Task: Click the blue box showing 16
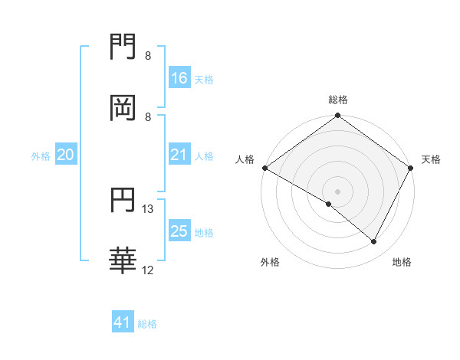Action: pos(179,77)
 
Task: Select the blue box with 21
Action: pos(179,155)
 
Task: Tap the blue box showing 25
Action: pos(179,231)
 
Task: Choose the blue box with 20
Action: pos(66,155)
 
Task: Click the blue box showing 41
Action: pos(123,322)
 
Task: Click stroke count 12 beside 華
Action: pos(148,270)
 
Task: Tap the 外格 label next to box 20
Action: pos(41,155)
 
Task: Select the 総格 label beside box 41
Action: pos(148,324)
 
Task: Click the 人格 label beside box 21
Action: pos(205,155)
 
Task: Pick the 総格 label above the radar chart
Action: pos(338,100)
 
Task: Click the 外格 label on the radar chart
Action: pos(270,262)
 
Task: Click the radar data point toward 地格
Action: pos(374,242)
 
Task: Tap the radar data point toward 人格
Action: pos(264,168)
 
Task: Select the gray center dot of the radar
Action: pos(338,191)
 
